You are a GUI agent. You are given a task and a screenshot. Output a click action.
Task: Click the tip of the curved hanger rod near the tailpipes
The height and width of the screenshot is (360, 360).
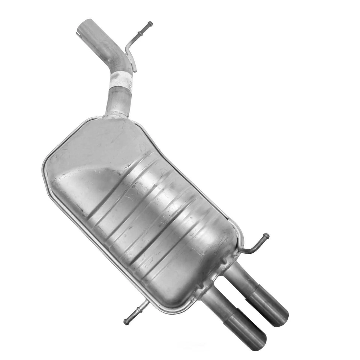tap(266, 236)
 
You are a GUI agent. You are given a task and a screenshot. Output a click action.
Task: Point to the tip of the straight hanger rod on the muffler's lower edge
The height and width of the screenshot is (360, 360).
tap(126, 321)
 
